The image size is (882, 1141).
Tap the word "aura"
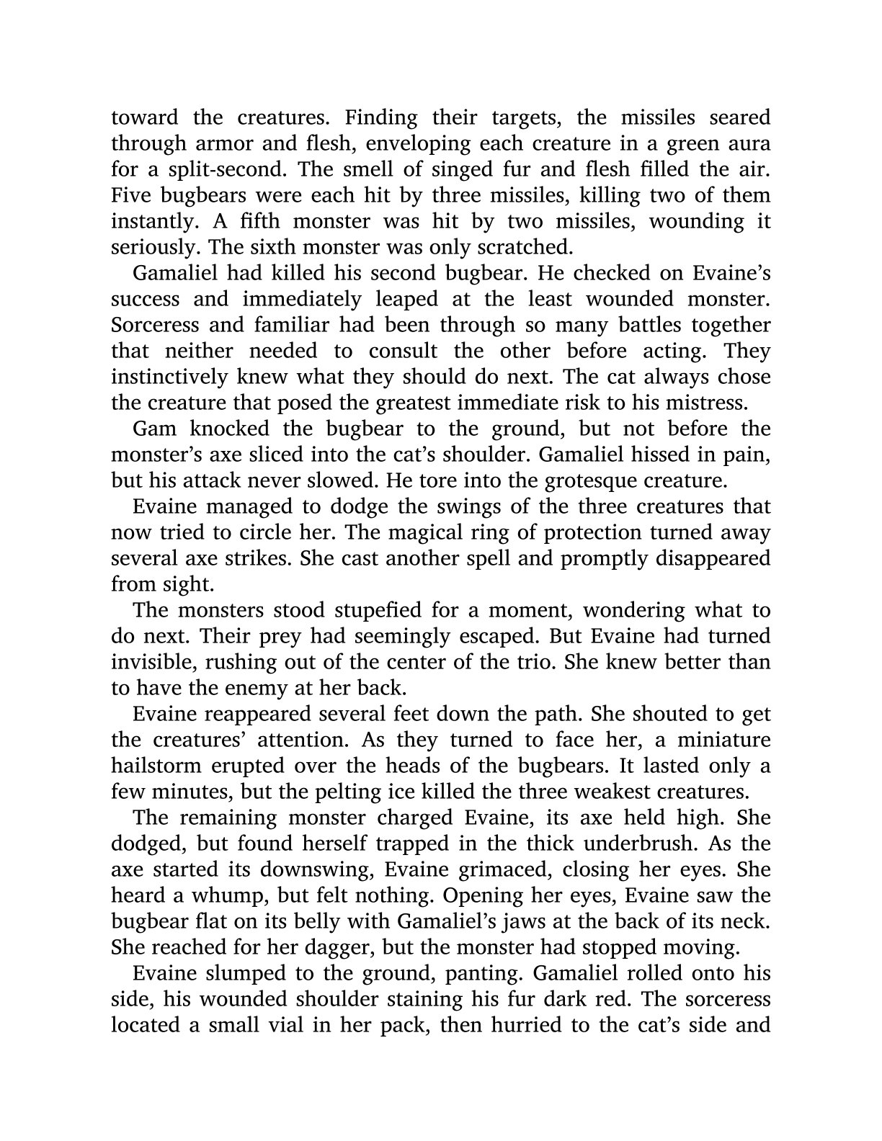[747, 143]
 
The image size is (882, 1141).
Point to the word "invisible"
[152, 662]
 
